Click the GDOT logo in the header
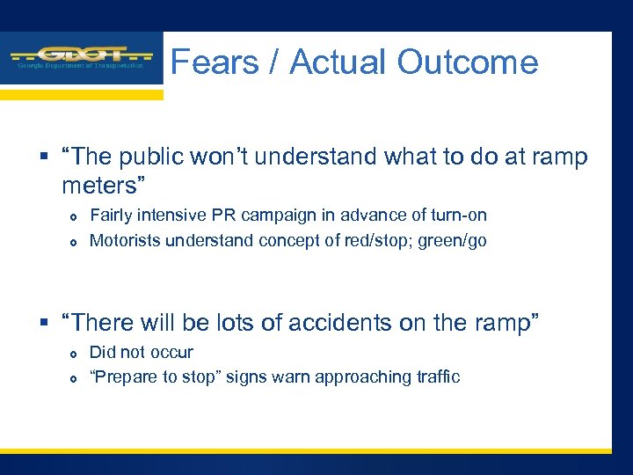pos(81,58)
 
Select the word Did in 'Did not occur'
pos(102,352)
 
